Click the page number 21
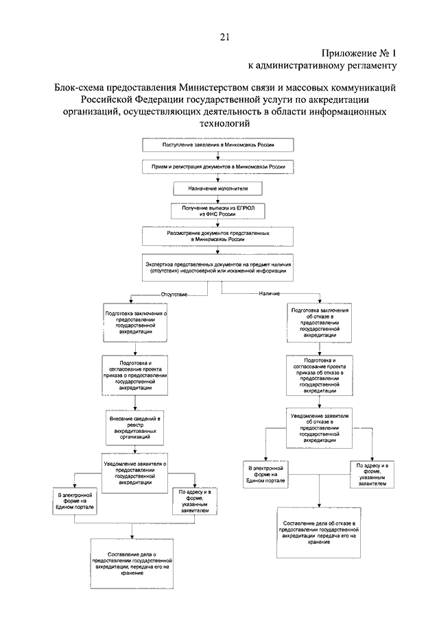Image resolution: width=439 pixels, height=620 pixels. (x=224, y=38)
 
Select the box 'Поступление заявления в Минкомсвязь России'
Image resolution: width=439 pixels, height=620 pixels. (x=219, y=146)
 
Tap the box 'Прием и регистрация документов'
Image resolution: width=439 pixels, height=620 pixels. (x=219, y=166)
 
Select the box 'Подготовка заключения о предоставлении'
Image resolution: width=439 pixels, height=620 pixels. (x=137, y=320)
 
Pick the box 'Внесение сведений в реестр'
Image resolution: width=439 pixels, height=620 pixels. (x=137, y=427)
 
